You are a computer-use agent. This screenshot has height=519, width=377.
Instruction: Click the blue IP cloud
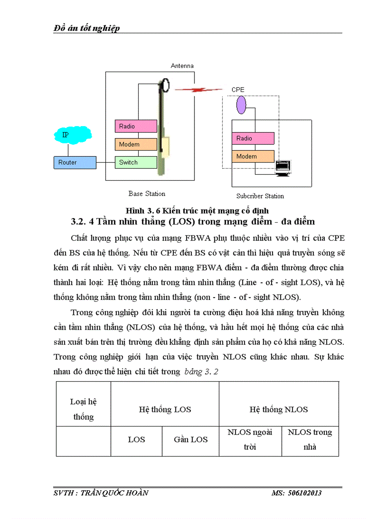coord(68,135)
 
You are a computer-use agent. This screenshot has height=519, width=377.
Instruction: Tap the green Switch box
coord(136,162)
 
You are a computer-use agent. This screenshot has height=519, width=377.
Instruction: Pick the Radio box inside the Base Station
coord(136,126)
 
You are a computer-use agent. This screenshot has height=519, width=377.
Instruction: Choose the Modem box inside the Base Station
coord(136,144)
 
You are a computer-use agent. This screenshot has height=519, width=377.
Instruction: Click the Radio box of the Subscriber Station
coord(253,138)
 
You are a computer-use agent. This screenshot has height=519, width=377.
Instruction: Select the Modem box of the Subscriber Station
coord(253,156)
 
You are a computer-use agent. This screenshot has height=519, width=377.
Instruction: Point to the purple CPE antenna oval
coord(241,105)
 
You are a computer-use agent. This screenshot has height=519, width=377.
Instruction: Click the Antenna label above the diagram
coord(182,66)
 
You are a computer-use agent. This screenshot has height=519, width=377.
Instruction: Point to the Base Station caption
coord(146,194)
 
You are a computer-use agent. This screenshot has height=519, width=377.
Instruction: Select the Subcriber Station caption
coord(260,196)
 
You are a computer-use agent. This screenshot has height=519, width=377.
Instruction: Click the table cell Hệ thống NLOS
coord(279,409)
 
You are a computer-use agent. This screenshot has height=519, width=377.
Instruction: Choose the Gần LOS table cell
coord(190,440)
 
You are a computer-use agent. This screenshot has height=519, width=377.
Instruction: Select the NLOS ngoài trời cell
coord(250,440)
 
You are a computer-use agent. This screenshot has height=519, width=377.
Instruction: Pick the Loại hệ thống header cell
coord(83,409)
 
